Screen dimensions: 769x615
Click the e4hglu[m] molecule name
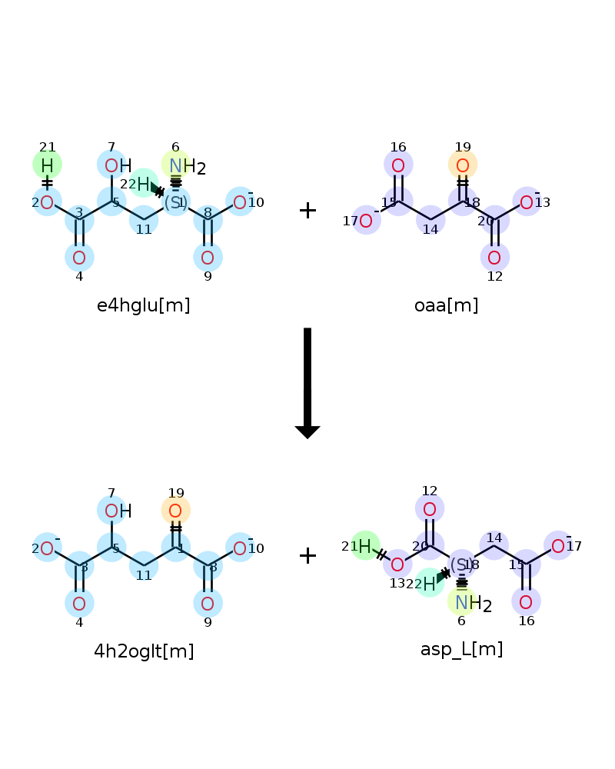(144, 305)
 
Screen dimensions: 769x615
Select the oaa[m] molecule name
(446, 305)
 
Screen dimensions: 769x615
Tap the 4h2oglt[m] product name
(144, 651)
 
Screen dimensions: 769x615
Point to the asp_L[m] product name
(461, 649)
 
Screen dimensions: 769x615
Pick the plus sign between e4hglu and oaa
(307, 210)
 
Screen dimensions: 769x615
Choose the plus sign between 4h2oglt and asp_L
(307, 555)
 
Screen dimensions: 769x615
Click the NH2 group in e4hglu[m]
(184, 166)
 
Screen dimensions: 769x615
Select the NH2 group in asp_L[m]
(470, 604)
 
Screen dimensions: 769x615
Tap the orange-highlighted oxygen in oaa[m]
(463, 165)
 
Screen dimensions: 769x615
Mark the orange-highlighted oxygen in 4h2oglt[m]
(175, 511)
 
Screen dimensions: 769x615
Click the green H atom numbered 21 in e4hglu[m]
(47, 165)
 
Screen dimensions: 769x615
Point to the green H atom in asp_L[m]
(365, 546)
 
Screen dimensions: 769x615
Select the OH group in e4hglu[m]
(117, 165)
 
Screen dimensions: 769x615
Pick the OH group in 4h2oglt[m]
(117, 511)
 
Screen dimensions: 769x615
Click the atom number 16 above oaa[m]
(397, 147)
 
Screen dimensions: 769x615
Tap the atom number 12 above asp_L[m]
(429, 491)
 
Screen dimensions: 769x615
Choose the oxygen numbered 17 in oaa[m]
(366, 221)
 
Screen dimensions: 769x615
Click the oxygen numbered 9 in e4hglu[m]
(208, 258)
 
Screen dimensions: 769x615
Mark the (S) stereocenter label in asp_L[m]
(461, 564)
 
